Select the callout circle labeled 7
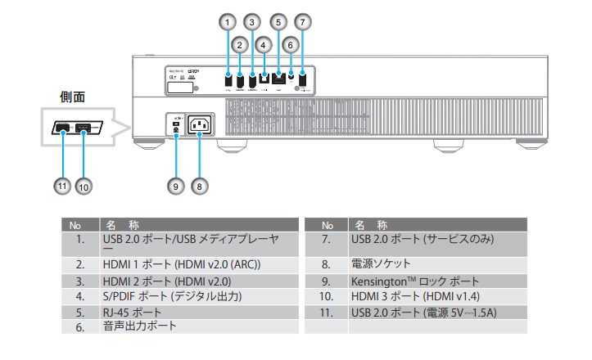tap(302, 20)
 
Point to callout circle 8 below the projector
tap(199, 185)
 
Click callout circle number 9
tap(175, 185)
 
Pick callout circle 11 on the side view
tap(61, 185)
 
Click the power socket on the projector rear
tap(200, 125)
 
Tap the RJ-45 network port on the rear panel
tap(278, 79)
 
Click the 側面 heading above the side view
tap(73, 97)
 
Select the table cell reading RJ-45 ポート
tap(132, 312)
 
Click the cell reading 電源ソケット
tap(381, 263)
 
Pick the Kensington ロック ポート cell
tap(415, 281)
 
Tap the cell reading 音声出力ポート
tap(139, 326)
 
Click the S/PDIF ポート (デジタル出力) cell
tap(172, 296)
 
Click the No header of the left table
tap(75, 224)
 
